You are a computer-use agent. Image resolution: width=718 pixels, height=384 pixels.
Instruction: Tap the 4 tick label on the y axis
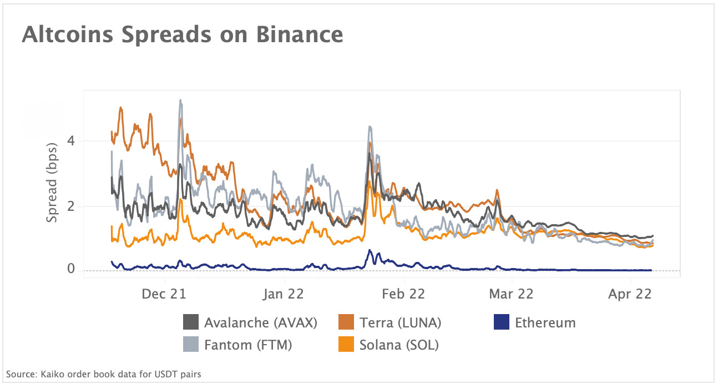tap(72, 141)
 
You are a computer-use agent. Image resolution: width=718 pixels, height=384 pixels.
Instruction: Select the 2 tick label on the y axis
tap(72, 206)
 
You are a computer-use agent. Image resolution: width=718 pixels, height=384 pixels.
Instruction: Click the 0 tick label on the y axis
tap(72, 269)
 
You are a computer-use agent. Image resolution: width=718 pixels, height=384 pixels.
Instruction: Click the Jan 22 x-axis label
tap(283, 294)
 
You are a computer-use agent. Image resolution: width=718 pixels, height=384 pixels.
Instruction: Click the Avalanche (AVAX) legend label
tap(260, 322)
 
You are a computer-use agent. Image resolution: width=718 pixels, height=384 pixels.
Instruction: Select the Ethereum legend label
tap(545, 322)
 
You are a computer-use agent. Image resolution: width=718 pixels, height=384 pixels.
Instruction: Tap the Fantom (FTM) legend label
tap(248, 345)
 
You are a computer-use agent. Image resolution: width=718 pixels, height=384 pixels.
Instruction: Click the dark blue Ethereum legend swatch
tap(501, 322)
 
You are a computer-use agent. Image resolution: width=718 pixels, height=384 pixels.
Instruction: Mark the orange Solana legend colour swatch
tap(347, 345)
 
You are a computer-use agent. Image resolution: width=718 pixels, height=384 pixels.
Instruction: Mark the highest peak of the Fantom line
tap(180, 100)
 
